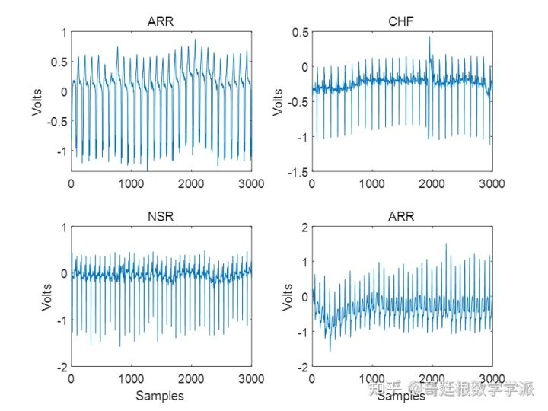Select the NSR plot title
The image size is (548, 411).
point(161,216)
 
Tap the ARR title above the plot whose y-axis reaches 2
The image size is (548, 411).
point(402,216)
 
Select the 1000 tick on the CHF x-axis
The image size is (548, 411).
point(372,183)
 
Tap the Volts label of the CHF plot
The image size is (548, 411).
point(277,102)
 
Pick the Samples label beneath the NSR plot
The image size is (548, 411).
point(160,395)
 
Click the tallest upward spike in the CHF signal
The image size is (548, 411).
point(429,37)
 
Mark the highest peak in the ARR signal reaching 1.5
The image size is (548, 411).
point(446,244)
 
